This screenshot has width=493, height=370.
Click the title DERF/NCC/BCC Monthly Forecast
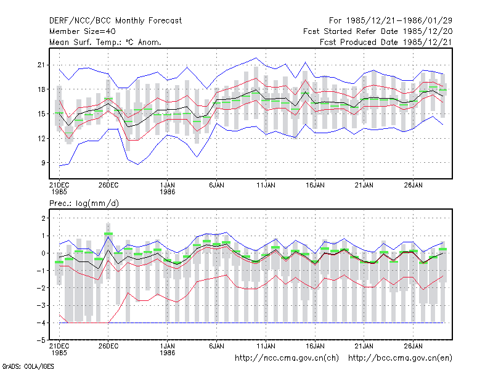[x=115, y=21]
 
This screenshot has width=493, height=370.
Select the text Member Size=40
[x=83, y=31]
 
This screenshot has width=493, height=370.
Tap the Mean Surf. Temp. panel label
[x=105, y=42]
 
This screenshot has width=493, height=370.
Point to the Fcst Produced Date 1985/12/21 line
[x=386, y=42]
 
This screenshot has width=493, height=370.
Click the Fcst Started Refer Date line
[x=378, y=31]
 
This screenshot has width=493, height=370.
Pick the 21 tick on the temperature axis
[x=41, y=65]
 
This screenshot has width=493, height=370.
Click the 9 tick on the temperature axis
[x=43, y=163]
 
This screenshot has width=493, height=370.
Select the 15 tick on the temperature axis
[x=41, y=113]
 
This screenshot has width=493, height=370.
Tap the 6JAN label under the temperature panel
[x=217, y=185]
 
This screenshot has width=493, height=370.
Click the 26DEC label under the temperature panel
[x=108, y=185]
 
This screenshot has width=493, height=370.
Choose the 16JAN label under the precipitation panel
[x=315, y=346]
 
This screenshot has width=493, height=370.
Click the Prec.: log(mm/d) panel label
[x=84, y=203]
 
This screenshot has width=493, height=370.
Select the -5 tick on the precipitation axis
[x=41, y=340]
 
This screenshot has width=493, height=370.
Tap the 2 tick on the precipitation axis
[x=43, y=218]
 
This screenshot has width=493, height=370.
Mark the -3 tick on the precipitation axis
[x=41, y=305]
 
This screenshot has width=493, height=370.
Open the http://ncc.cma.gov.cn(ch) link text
[x=287, y=358]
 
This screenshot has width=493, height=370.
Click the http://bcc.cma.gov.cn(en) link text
[x=400, y=358]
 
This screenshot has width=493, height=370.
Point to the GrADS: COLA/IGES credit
[x=28, y=366]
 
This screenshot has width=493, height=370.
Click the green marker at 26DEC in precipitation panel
[x=108, y=234]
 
